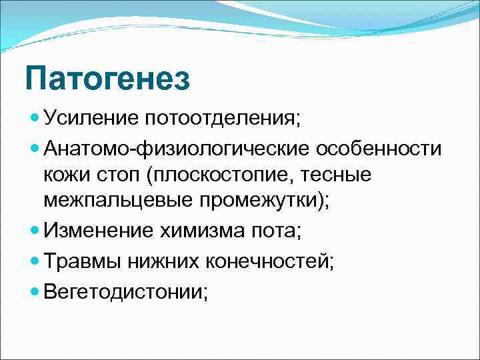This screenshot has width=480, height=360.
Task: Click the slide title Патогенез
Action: click(107, 79)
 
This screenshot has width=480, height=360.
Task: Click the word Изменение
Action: click(99, 231)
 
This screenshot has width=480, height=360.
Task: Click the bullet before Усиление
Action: click(35, 119)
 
